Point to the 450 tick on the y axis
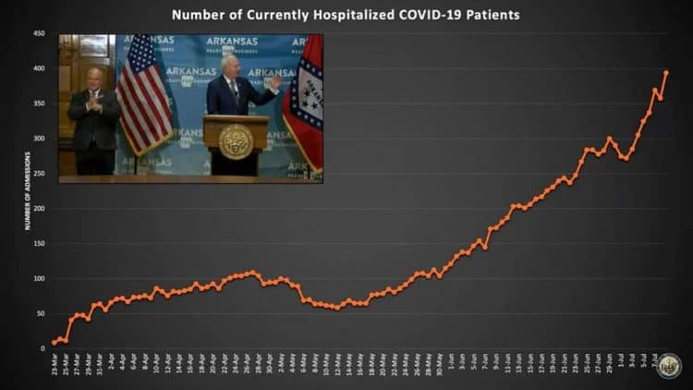(39, 33)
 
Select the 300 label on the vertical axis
(39, 139)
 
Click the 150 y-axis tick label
(39, 243)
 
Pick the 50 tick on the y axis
(41, 313)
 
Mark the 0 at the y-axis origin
(43, 348)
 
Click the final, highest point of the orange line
(666, 72)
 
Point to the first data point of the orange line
(55, 342)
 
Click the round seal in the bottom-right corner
(670, 366)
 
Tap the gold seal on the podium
(237, 140)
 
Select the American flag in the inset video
(143, 92)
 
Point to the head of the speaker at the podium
(230, 65)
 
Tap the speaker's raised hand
(275, 82)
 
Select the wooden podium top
(236, 118)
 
